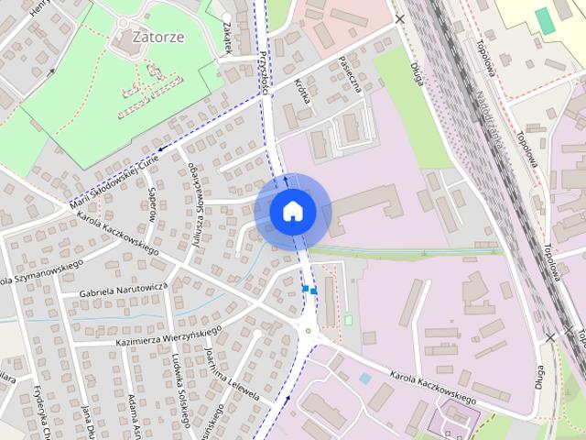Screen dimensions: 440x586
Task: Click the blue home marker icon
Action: [292, 211]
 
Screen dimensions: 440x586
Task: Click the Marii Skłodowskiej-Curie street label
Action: [114, 178]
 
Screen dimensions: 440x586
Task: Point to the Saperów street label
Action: [152, 203]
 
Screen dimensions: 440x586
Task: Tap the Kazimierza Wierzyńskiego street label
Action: [168, 335]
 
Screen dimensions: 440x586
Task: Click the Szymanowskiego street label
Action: [41, 271]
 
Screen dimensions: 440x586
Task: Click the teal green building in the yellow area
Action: [545, 21]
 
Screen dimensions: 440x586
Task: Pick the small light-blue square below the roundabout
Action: [365, 378]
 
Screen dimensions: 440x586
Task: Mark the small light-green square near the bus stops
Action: [348, 320]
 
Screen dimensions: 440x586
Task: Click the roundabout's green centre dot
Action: [309, 331]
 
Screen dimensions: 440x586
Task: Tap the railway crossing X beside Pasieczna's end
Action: [399, 17]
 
